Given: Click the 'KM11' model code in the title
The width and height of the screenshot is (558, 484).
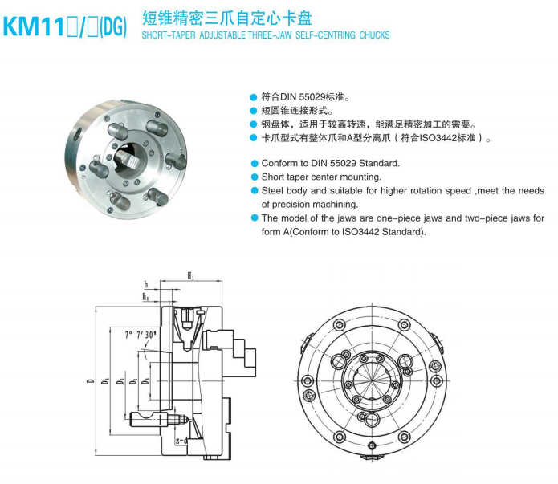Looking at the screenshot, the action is pyautogui.click(x=33, y=27).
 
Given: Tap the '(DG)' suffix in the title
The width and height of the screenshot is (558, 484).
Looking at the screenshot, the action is pyautogui.click(x=113, y=27).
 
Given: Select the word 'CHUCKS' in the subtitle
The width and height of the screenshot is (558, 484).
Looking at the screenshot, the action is pyautogui.click(x=374, y=35).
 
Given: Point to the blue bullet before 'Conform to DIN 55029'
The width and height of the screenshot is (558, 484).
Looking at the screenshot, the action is pyautogui.click(x=254, y=164).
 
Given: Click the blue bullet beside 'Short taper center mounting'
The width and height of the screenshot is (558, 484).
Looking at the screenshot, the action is pyautogui.click(x=254, y=177).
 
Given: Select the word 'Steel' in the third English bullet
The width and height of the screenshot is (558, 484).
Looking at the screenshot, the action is pyautogui.click(x=272, y=191).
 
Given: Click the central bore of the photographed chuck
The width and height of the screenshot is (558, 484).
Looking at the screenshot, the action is pyautogui.click(x=131, y=158).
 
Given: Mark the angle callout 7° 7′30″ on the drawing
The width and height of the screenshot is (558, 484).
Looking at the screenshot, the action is pyautogui.click(x=141, y=335).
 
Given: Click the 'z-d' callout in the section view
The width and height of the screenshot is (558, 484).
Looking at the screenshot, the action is pyautogui.click(x=181, y=441).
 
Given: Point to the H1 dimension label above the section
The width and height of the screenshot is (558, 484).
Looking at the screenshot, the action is pyautogui.click(x=191, y=275).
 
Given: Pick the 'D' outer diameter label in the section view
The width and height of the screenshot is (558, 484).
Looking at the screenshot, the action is pyautogui.click(x=91, y=380).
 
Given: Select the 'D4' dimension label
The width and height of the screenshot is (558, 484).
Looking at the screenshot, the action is pyautogui.click(x=105, y=380).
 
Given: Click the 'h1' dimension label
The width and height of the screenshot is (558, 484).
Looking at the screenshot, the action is pyautogui.click(x=146, y=296).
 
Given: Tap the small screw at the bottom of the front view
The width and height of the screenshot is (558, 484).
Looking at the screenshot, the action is pyautogui.click(x=372, y=445).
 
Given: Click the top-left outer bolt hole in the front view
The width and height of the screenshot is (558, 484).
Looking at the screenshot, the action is pyautogui.click(x=339, y=325).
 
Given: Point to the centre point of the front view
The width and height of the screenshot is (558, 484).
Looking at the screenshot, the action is pyautogui.click(x=373, y=380).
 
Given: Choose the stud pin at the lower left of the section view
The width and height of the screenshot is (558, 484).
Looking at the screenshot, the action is pyautogui.click(x=149, y=419).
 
